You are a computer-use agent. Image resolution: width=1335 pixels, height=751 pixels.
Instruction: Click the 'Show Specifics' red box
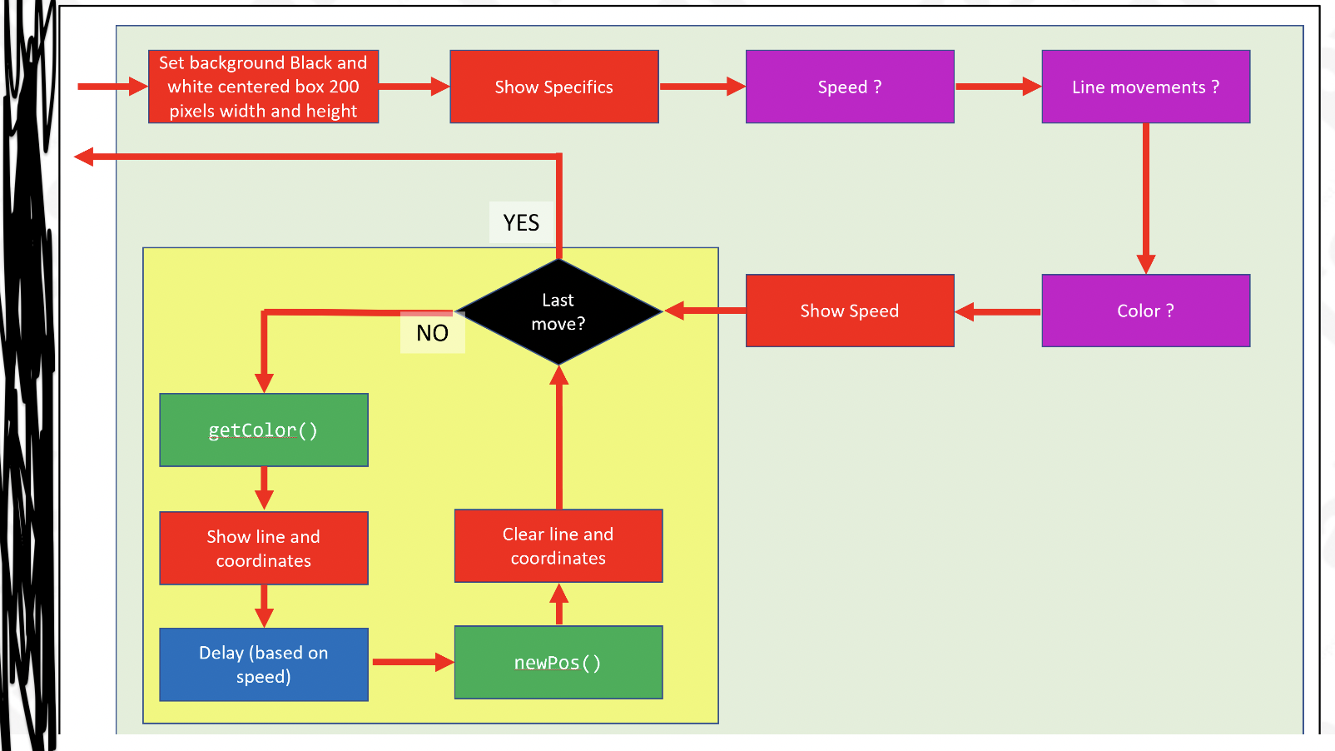click(553, 87)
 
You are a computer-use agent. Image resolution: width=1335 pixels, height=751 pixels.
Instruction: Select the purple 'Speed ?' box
click(849, 87)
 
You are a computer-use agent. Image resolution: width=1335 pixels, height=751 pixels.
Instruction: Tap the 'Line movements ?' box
click(1145, 87)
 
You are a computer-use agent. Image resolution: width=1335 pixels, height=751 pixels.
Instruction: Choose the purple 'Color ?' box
click(1145, 311)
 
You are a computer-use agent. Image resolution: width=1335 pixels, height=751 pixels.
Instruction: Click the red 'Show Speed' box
click(849, 311)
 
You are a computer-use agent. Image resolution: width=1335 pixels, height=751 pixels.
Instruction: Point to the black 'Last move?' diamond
click(558, 312)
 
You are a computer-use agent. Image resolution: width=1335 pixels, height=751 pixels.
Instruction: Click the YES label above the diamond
click(521, 222)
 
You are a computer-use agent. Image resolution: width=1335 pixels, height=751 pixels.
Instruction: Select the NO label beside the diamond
click(432, 333)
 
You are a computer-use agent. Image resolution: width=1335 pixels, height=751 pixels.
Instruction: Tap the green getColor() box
click(263, 430)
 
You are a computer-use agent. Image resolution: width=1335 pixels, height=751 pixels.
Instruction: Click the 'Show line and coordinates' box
click(263, 548)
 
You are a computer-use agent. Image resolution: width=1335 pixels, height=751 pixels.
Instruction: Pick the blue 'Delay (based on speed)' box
click(263, 664)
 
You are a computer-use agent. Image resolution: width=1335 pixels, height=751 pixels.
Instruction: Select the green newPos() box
click(558, 662)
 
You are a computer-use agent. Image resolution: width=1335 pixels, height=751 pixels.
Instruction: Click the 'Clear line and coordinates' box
click(558, 545)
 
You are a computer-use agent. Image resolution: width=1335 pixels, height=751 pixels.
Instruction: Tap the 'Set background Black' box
click(263, 87)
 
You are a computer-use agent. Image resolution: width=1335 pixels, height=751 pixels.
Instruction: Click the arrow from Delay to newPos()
click(411, 662)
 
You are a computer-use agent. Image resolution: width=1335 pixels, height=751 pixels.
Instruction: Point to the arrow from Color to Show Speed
click(998, 312)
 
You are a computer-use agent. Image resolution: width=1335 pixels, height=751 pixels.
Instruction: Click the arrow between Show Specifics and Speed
click(702, 86)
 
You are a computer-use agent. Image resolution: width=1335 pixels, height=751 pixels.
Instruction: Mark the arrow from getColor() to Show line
click(264, 488)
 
